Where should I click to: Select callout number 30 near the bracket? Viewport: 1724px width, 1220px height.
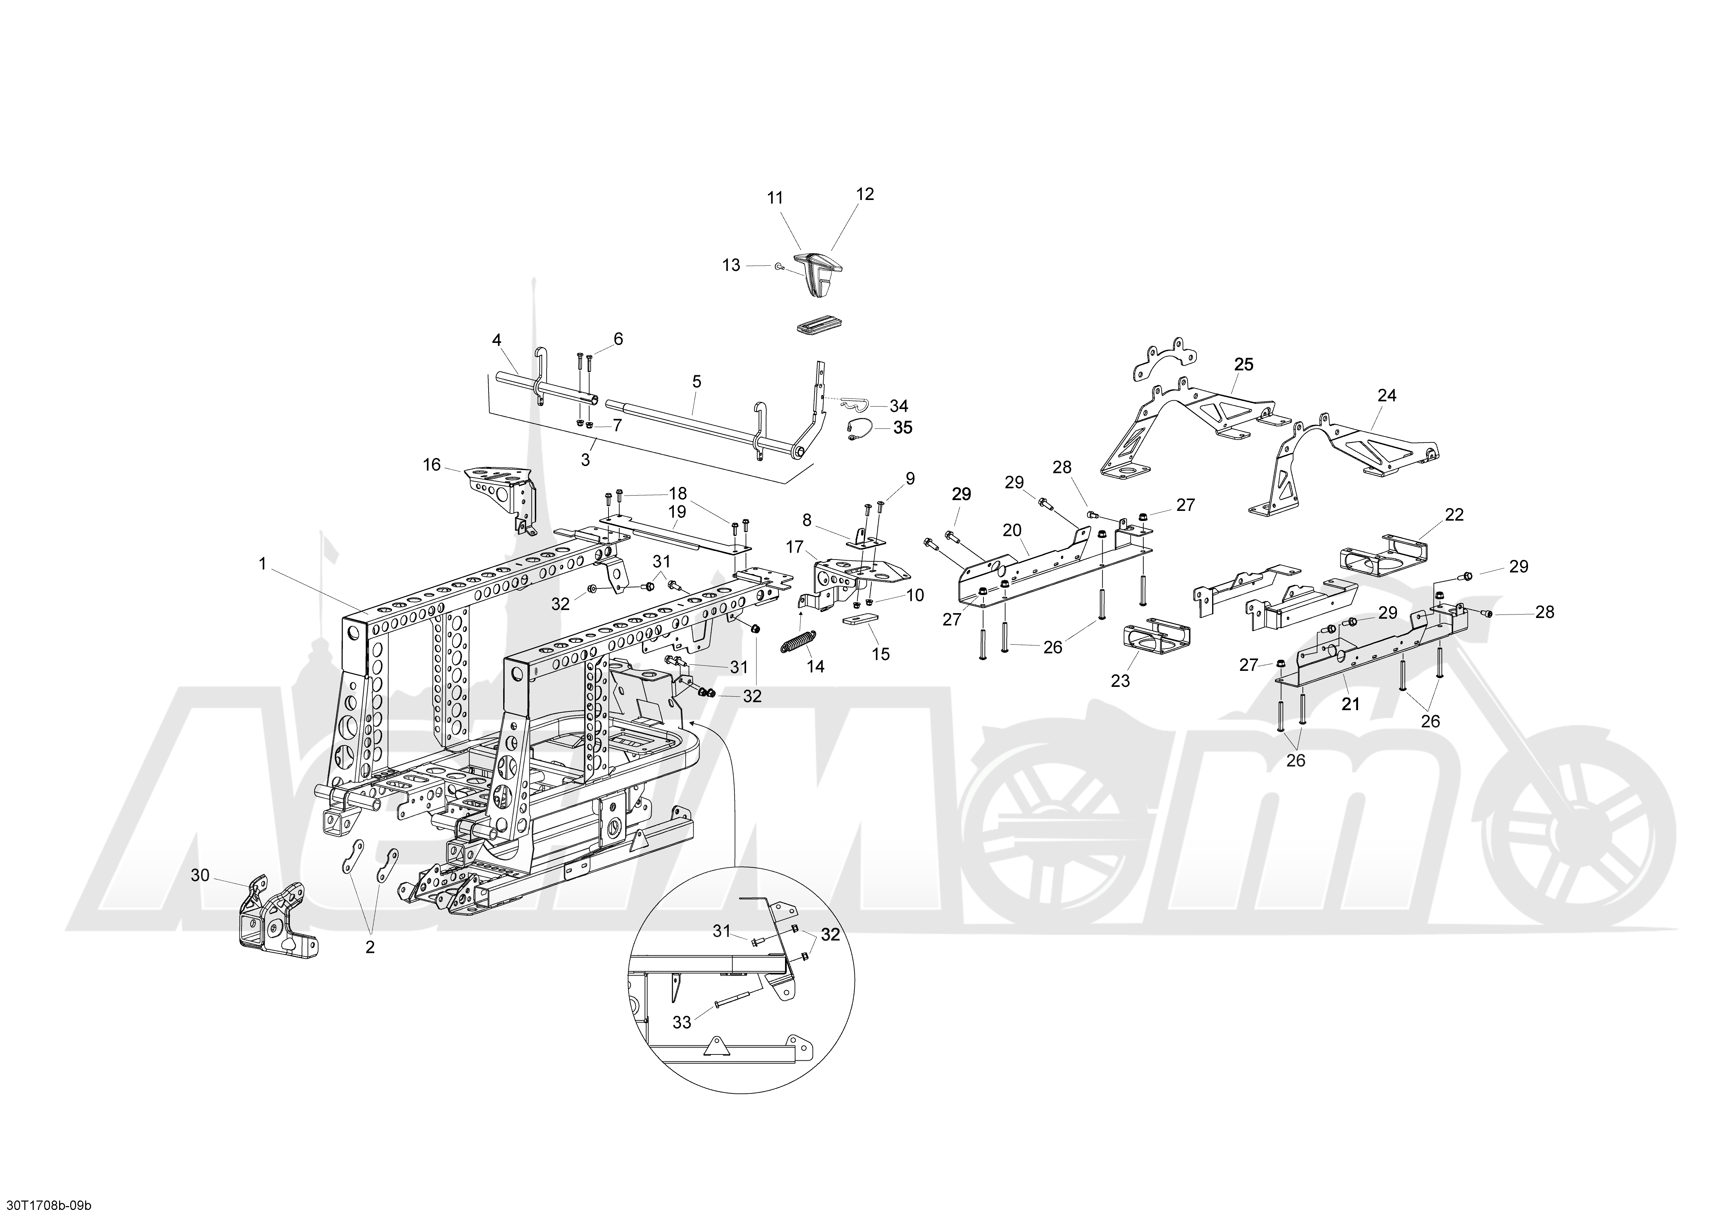click(x=201, y=875)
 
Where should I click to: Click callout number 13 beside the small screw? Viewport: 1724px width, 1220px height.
click(x=732, y=265)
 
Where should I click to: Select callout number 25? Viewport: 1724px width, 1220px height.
click(x=1244, y=364)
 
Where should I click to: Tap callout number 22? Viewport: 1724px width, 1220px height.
click(x=1454, y=515)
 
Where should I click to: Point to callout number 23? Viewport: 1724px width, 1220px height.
click(x=1120, y=681)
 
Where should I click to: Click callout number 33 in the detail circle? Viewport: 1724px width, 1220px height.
click(x=682, y=1022)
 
